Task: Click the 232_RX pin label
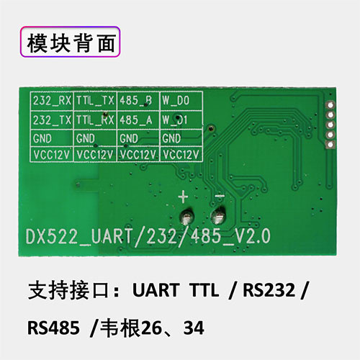52,101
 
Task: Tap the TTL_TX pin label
95,101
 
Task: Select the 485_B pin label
136,101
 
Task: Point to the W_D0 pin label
176,101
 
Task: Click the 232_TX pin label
52,120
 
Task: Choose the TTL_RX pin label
95,120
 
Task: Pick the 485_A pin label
136,120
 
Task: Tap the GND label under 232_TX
42,138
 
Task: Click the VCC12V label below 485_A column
138,155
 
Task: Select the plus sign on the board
184,197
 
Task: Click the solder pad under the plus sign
186,217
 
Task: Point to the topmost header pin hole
330,105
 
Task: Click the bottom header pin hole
330,145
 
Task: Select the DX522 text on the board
51,237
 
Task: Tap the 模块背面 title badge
70,42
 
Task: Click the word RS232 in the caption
269,290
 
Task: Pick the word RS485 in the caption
53,328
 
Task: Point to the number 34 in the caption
194,328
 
